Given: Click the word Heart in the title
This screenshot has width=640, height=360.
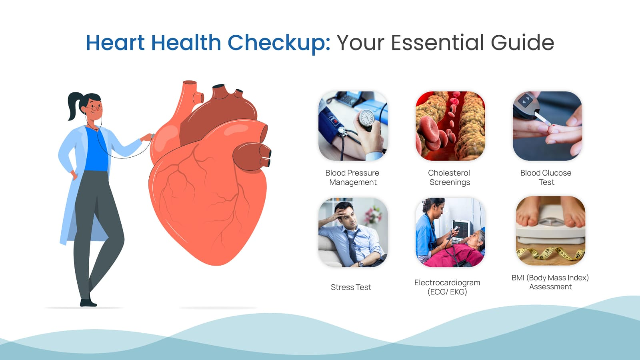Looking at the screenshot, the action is [x=116, y=42].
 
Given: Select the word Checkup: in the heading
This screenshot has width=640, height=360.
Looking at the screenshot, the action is [x=279, y=44].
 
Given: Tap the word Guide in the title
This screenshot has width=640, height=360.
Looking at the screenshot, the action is [x=522, y=42].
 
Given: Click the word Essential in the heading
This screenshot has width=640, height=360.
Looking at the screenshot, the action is [x=438, y=42].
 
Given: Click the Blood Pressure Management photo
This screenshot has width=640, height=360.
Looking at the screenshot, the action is [x=353, y=126].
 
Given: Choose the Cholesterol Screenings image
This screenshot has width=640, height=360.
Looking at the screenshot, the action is [x=450, y=126].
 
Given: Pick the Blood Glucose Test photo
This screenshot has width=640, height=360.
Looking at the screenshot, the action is [x=547, y=126].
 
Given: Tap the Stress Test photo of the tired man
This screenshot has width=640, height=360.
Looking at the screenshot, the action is [x=353, y=232].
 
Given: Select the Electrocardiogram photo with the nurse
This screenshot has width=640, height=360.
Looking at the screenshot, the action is [x=450, y=232].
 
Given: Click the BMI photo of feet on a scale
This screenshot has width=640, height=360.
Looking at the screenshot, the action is [x=550, y=230].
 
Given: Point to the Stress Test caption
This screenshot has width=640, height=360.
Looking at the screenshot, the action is [x=351, y=287].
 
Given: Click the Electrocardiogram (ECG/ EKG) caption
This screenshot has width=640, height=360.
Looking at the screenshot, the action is [x=447, y=287].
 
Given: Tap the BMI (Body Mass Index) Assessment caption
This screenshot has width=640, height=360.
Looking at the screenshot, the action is [x=550, y=282].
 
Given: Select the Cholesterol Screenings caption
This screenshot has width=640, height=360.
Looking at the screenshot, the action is [x=450, y=178].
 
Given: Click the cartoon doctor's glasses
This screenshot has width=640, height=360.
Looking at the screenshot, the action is [x=94, y=108].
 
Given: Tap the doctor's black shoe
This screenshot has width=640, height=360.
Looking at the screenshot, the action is [x=88, y=302].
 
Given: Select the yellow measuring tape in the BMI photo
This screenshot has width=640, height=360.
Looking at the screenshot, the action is [x=550, y=254].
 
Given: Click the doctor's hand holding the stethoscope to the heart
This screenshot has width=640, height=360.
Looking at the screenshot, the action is [x=147, y=138].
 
